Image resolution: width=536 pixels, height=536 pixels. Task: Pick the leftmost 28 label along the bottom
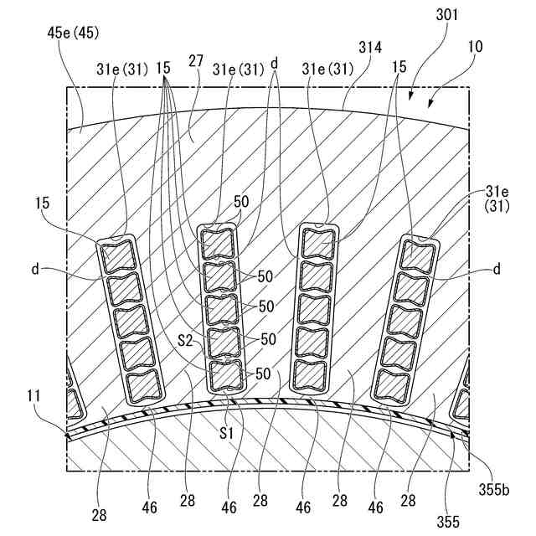coord(100,515)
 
